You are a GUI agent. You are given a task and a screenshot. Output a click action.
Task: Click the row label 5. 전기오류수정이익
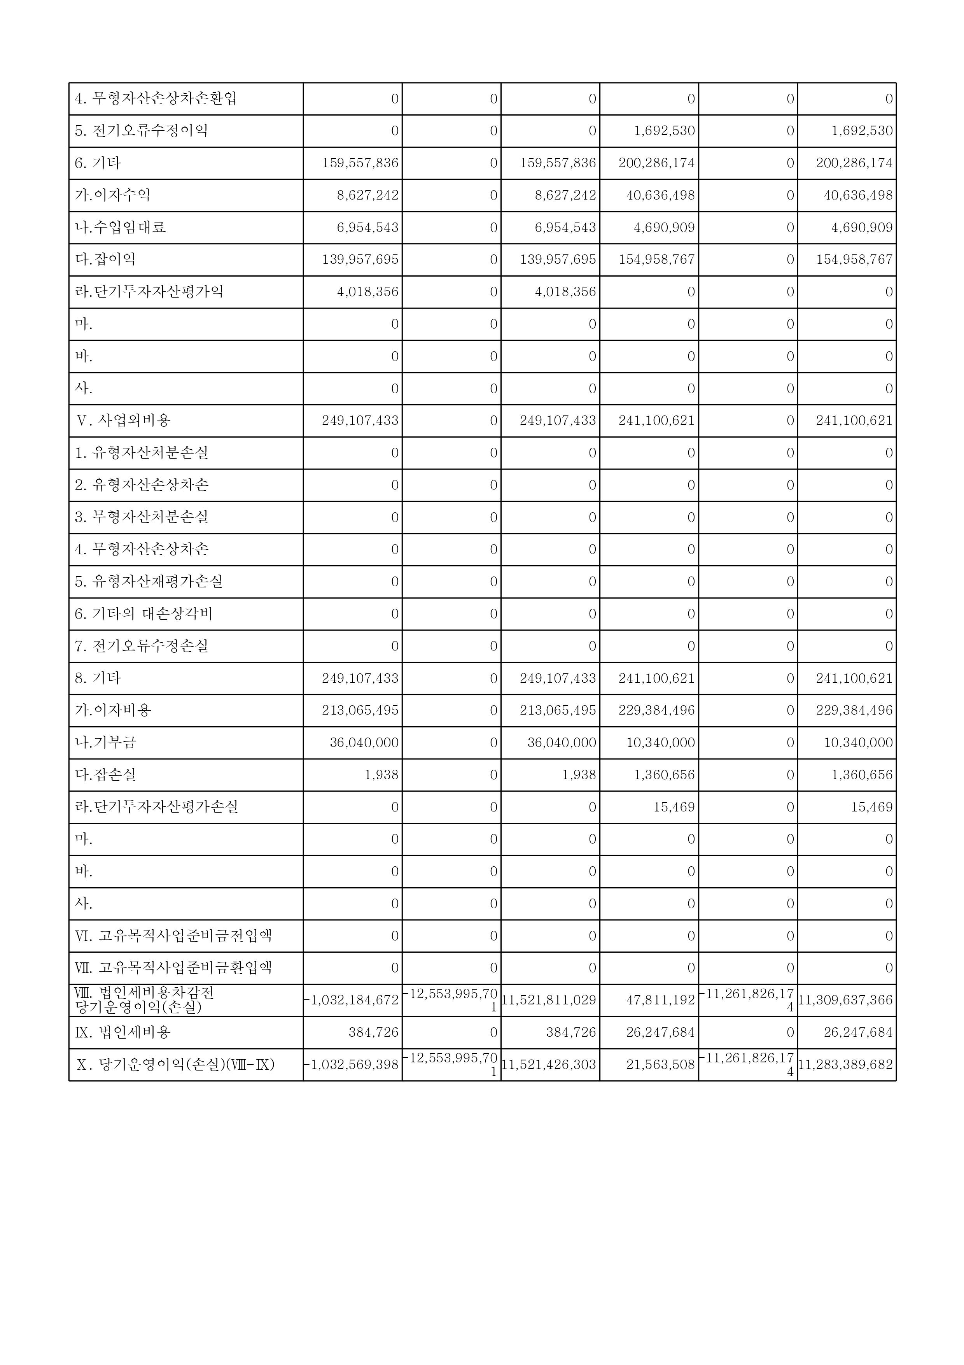[x=142, y=131]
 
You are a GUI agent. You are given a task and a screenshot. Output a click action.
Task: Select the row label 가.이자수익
[x=113, y=195]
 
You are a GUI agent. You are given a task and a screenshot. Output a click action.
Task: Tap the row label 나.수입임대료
[x=120, y=227]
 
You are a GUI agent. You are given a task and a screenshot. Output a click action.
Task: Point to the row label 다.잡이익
[x=105, y=259]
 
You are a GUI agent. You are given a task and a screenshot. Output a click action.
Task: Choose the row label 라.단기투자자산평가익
[x=149, y=291]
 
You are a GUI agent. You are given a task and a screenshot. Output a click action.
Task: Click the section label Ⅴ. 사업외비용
[x=124, y=421]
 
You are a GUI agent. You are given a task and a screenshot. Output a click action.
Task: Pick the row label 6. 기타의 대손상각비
[x=144, y=613]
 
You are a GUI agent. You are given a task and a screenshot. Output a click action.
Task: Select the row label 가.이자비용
[x=113, y=710]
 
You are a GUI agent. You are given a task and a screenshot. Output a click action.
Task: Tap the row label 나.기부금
[x=105, y=742]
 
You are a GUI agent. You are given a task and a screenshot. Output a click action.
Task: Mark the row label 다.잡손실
[x=105, y=774]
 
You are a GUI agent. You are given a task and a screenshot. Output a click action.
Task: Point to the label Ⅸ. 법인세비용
[x=123, y=1032]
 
